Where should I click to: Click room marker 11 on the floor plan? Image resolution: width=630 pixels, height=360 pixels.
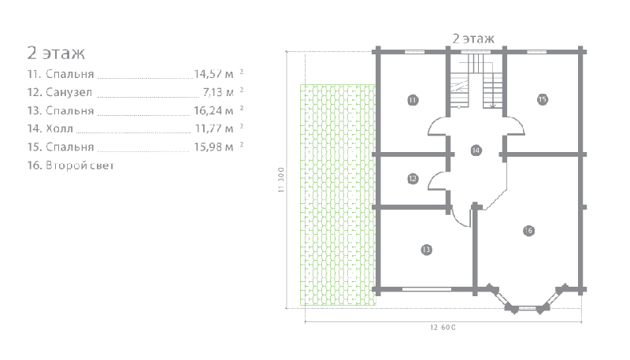pyautogui.click(x=413, y=100)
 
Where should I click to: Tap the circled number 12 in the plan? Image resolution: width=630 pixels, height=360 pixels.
pyautogui.click(x=413, y=179)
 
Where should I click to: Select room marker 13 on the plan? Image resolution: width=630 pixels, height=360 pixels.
pyautogui.click(x=426, y=250)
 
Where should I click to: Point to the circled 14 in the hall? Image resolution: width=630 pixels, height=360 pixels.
pyautogui.click(x=476, y=150)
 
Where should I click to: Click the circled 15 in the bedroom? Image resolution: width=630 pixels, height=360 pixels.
pyautogui.click(x=543, y=99)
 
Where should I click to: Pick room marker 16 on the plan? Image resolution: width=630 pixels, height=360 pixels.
pyautogui.click(x=528, y=231)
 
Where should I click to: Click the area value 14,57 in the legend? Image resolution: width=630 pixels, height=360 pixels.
pyautogui.click(x=208, y=74)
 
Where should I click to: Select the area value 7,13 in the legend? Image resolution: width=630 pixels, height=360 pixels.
pyautogui.click(x=213, y=92)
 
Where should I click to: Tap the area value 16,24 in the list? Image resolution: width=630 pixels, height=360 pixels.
pyautogui.click(x=208, y=110)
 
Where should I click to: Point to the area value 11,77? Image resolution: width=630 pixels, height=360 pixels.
pyautogui.click(x=209, y=128)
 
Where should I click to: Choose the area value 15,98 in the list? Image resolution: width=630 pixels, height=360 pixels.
pyautogui.click(x=208, y=147)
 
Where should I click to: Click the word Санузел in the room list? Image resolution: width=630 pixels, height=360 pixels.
pyautogui.click(x=69, y=92)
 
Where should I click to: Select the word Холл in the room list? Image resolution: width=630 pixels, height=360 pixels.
pyautogui.click(x=60, y=128)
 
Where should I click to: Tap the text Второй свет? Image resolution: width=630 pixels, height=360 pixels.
pyautogui.click(x=80, y=165)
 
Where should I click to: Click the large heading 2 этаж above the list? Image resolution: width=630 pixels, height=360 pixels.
pyautogui.click(x=56, y=53)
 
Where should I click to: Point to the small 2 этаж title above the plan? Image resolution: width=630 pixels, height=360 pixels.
pyautogui.click(x=473, y=39)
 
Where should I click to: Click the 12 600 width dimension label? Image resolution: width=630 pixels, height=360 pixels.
pyautogui.click(x=443, y=328)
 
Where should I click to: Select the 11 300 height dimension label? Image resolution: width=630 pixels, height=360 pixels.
pyautogui.click(x=281, y=180)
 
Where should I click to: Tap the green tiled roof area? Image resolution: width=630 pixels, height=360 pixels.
pyautogui.click(x=338, y=195)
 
